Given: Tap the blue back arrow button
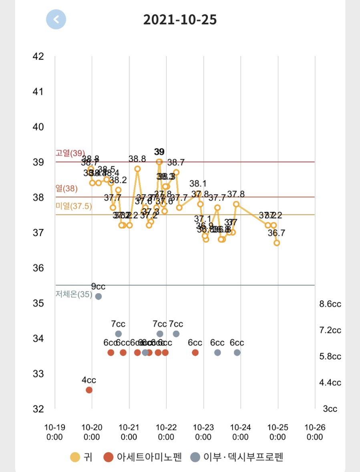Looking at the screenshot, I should (x=56, y=19).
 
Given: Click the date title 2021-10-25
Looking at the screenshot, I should (x=180, y=20).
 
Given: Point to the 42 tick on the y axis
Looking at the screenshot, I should (x=38, y=56).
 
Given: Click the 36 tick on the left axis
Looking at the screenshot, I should (x=38, y=268).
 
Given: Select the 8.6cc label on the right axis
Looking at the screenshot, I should (x=330, y=304).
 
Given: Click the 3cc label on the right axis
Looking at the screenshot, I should (x=330, y=409).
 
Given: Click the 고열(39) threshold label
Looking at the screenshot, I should (x=70, y=153).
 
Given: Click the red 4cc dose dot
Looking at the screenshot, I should (x=89, y=390).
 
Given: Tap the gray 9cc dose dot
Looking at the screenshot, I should (x=99, y=297).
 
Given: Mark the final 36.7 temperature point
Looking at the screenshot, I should (x=277, y=243).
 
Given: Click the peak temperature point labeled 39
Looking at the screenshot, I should (x=159, y=162).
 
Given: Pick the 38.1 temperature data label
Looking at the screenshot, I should (x=198, y=184).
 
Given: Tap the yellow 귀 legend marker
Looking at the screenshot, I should (x=75, y=457).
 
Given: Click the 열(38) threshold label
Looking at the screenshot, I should (x=66, y=188).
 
